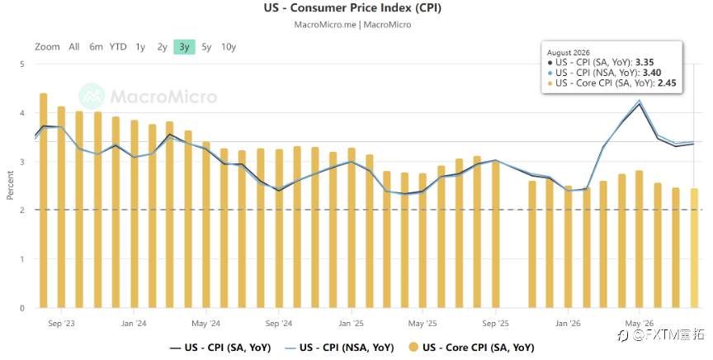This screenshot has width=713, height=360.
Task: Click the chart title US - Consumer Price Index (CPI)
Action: tap(352, 7)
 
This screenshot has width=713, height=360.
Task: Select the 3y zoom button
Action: tap(184, 47)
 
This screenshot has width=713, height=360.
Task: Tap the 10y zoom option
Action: tap(229, 47)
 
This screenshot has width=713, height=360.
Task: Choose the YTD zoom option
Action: tap(118, 47)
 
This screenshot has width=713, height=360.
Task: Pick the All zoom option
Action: tap(74, 47)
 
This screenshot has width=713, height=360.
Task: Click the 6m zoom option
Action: tap(96, 47)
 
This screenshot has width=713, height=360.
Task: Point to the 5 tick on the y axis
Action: tap(21, 64)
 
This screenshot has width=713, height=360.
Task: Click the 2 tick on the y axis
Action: tap(21, 211)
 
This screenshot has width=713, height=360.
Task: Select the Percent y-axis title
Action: tap(10, 185)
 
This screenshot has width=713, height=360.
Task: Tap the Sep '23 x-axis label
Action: tap(61, 324)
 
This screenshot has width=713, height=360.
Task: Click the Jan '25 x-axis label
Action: tap(351, 324)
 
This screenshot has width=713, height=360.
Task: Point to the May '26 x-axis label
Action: tap(640, 324)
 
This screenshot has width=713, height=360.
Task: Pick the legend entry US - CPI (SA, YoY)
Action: tap(220, 348)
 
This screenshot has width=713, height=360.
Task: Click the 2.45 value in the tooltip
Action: tap(667, 83)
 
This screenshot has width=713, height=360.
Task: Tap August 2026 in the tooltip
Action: tap(569, 53)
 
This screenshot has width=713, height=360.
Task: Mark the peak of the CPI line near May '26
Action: tap(640, 103)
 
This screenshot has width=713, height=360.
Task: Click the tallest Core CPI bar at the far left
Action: tap(44, 201)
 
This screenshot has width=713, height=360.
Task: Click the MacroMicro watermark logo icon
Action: tap(92, 96)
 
